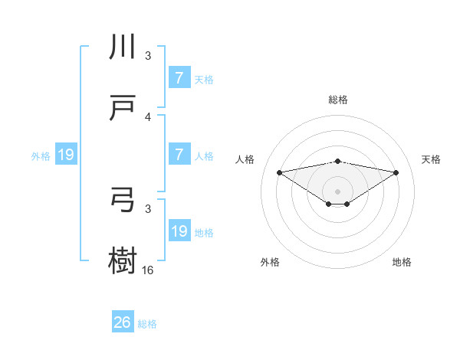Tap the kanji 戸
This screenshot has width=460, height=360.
pyautogui.click(x=123, y=108)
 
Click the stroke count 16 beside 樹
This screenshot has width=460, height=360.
pyautogui.click(x=148, y=270)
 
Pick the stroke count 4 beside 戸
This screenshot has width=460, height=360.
pyautogui.click(x=148, y=117)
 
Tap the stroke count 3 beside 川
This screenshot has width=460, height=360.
pyautogui.click(x=148, y=56)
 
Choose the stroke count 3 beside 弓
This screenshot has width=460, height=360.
pyautogui.click(x=148, y=208)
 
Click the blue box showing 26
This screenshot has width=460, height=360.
pyautogui.click(x=123, y=323)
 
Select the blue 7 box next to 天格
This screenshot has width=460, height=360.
pyautogui.click(x=179, y=77)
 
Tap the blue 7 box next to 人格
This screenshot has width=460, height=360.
pyautogui.click(x=179, y=155)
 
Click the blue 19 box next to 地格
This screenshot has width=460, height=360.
pyautogui.click(x=179, y=231)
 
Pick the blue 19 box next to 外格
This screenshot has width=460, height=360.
pyautogui.click(x=66, y=155)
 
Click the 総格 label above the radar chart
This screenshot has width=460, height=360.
pyautogui.click(x=338, y=100)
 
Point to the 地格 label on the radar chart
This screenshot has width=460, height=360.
pyautogui.click(x=402, y=262)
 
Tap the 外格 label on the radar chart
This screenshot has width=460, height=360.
pyautogui.click(x=270, y=262)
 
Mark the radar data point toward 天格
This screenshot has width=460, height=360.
pyautogui.click(x=396, y=172)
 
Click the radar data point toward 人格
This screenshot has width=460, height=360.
pyautogui.click(x=279, y=172)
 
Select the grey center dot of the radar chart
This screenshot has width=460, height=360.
pyautogui.click(x=338, y=191)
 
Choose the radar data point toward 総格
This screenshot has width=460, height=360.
pyautogui.click(x=338, y=161)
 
